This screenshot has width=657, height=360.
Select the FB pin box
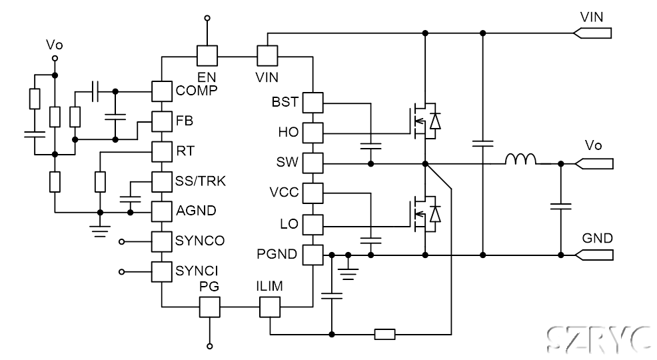pos(161,121)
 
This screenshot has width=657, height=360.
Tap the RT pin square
pos(161,151)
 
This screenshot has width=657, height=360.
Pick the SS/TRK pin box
pos(161,181)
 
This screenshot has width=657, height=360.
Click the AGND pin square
pos(161,211)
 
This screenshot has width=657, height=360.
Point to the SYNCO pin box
pos(161,241)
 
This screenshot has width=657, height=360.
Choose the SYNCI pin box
pos(161,271)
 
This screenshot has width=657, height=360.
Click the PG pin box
pos(209,306)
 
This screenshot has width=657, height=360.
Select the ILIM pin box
pos(269,306)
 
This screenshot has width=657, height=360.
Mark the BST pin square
pos(313,102)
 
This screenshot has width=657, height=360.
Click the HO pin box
pos(313,132)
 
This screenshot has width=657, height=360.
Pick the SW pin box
pos(313,163)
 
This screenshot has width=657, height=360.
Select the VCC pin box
pos(313,193)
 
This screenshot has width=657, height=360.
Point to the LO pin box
pos(313,223)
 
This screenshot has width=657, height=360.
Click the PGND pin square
pos(313,254)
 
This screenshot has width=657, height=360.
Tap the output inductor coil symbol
pos(520,160)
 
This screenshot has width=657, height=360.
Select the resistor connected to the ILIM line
pos(384,333)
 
